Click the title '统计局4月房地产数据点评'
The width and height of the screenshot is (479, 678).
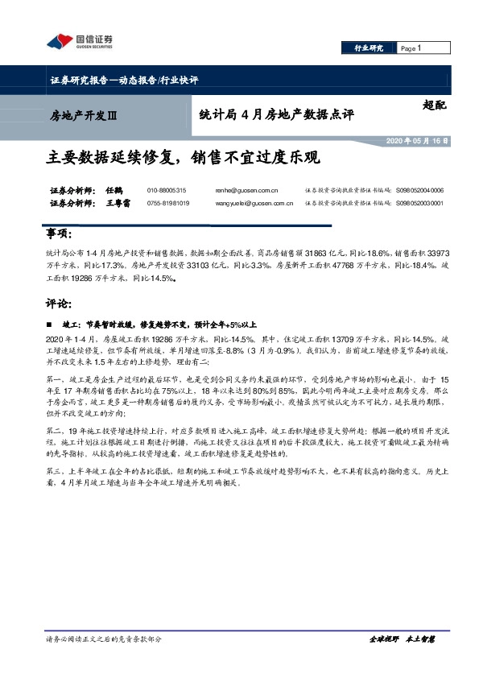(x=276, y=115)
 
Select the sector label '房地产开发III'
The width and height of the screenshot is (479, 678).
(x=85, y=116)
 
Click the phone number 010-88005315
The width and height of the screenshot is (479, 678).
(x=167, y=191)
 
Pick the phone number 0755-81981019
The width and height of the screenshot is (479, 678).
(x=168, y=204)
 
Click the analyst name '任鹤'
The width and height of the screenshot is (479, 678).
(x=113, y=191)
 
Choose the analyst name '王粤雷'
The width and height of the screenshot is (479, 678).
(x=118, y=204)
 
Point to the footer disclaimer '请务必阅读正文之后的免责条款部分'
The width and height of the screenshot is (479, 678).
(x=105, y=639)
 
